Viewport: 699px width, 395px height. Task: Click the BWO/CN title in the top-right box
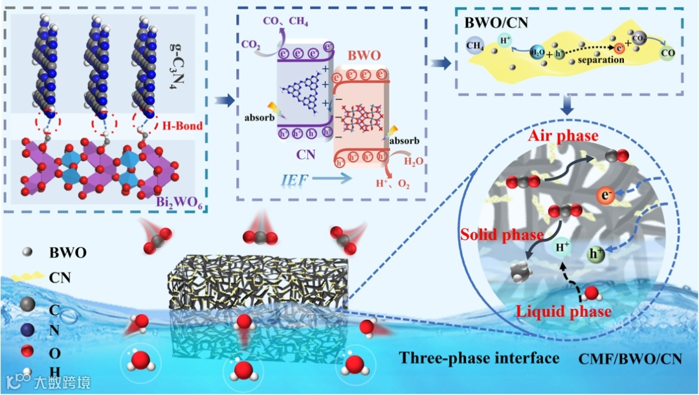point(496,23)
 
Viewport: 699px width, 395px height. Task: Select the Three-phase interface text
point(479,357)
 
